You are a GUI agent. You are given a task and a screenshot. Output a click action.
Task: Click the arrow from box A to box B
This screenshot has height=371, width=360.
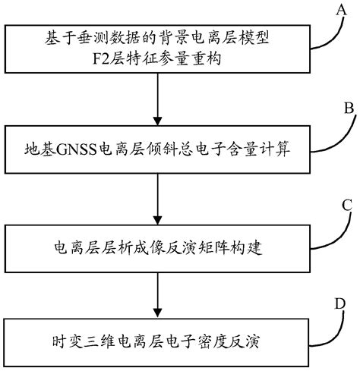(x=157, y=96)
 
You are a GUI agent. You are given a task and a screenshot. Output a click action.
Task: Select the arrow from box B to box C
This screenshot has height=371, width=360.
(x=157, y=193)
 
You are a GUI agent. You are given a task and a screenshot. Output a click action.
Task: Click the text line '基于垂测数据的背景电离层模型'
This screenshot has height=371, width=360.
(x=156, y=36)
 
